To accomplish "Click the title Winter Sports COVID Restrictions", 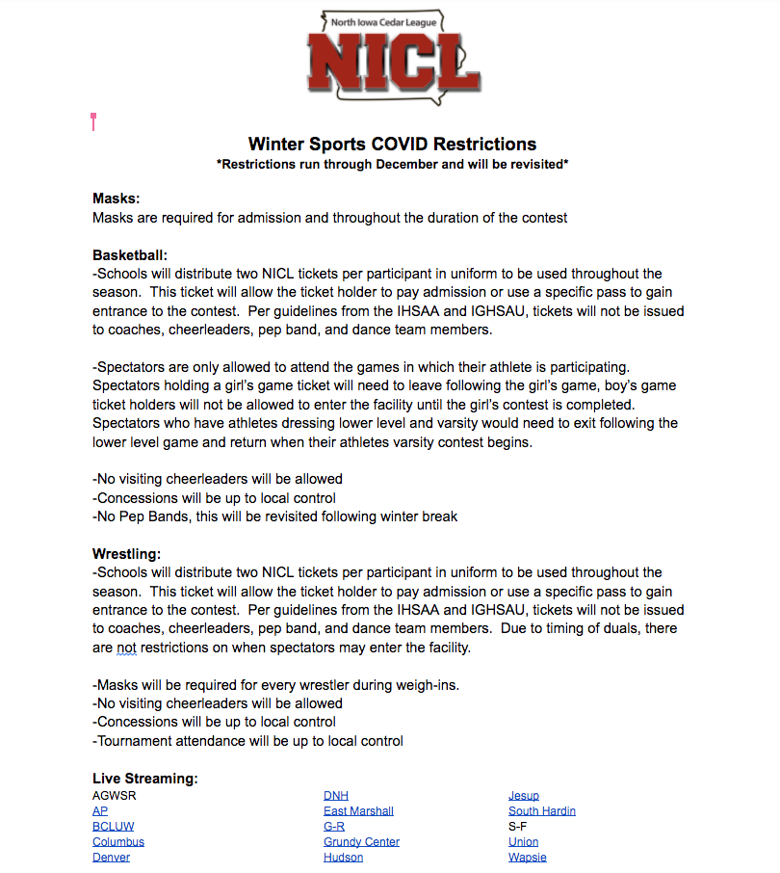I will click(392, 145).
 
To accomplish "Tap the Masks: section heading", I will click(117, 198).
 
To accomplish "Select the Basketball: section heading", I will click(130, 255).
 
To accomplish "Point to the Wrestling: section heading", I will click(126, 554).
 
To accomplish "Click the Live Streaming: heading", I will click(145, 778).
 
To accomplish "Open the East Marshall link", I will click(358, 811).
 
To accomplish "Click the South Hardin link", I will click(541, 811).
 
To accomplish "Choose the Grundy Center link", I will click(361, 842).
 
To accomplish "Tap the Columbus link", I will click(118, 842).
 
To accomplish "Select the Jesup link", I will click(524, 796).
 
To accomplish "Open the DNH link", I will click(336, 796).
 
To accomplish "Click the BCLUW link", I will click(114, 827).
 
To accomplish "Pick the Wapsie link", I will click(527, 858).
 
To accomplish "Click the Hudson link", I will click(343, 858).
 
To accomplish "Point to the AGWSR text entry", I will click(115, 796).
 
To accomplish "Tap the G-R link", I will click(334, 827).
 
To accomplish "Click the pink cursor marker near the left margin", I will click(93, 120).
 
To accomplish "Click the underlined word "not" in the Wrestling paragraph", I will click(127, 648).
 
